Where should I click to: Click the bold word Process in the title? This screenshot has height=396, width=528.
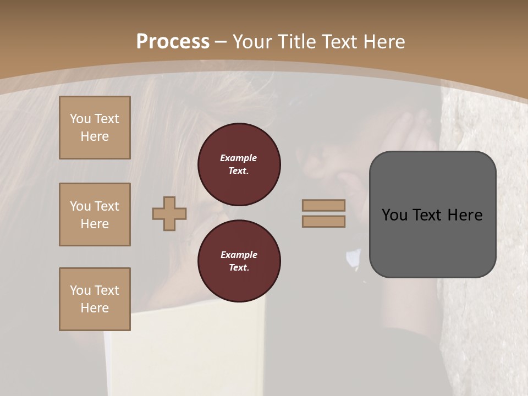tap(173, 42)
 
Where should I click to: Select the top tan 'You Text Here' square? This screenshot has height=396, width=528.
tap(95, 128)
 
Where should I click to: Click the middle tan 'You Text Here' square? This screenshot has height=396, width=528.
tap(95, 215)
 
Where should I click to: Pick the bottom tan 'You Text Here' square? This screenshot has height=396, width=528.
tap(95, 299)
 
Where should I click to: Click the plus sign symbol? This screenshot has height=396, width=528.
tap(169, 213)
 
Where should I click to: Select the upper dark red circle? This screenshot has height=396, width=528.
tap(239, 164)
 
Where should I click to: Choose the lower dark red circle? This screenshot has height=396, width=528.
tap(239, 261)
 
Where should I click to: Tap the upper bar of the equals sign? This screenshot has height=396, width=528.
tap(323, 206)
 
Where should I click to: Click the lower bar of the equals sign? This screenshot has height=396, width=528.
tap(323, 222)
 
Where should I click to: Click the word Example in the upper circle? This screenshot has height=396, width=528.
tap(239, 158)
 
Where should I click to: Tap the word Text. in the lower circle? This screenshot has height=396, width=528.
tap(239, 268)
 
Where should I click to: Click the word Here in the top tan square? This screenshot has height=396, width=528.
tap(95, 136)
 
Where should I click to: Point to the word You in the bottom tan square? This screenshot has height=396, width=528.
tap(80, 290)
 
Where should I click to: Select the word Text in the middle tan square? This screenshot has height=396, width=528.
tap(106, 206)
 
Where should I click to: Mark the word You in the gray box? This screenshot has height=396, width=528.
tap(394, 215)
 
